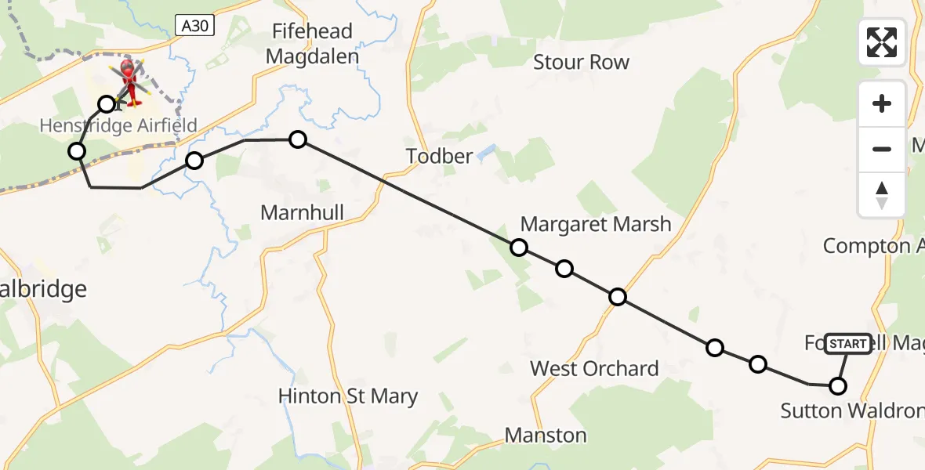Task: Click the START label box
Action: (x=848, y=344)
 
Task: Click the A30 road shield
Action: (x=195, y=26)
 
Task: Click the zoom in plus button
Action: (x=882, y=103)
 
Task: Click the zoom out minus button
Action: (x=882, y=149)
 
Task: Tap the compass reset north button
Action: (x=882, y=194)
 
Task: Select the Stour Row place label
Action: (x=581, y=62)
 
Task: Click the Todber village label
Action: (x=440, y=156)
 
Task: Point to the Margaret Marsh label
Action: (x=596, y=224)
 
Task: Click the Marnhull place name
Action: (x=302, y=212)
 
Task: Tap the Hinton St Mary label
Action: (x=348, y=396)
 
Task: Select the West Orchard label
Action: (x=594, y=368)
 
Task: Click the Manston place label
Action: (x=546, y=435)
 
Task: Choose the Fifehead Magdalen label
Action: (x=312, y=44)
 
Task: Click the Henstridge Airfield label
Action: (x=118, y=125)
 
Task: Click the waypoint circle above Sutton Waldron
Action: (x=838, y=386)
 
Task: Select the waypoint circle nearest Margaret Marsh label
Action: (x=519, y=248)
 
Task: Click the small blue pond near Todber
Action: (x=487, y=150)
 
